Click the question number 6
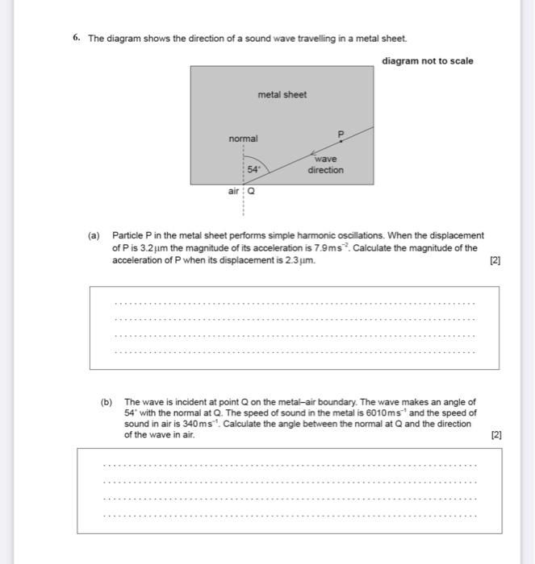click(x=75, y=39)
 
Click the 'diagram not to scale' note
click(x=428, y=61)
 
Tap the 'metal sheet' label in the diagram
click(x=282, y=95)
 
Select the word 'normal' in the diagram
click(x=243, y=139)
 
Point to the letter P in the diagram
click(x=341, y=133)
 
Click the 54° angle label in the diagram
click(x=254, y=170)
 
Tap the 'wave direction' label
click(x=325, y=164)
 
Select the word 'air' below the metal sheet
click(x=234, y=192)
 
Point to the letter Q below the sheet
click(x=251, y=192)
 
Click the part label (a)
click(x=94, y=235)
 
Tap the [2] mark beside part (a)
click(x=495, y=261)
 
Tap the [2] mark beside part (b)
click(x=496, y=434)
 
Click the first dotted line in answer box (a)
click(x=295, y=304)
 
